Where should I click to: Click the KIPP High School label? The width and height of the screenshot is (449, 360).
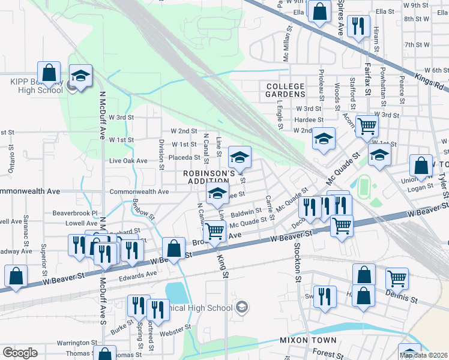36,86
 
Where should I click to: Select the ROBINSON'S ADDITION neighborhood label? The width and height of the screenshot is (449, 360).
208,177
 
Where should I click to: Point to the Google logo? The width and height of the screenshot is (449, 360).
19,353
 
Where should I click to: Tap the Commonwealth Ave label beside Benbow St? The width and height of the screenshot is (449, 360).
139,191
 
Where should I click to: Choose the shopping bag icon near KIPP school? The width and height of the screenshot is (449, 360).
50,74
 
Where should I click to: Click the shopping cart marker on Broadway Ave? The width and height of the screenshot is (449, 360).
215,232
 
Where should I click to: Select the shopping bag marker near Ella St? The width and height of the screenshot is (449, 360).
320,10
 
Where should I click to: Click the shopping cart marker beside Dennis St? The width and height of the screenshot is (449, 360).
397,279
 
